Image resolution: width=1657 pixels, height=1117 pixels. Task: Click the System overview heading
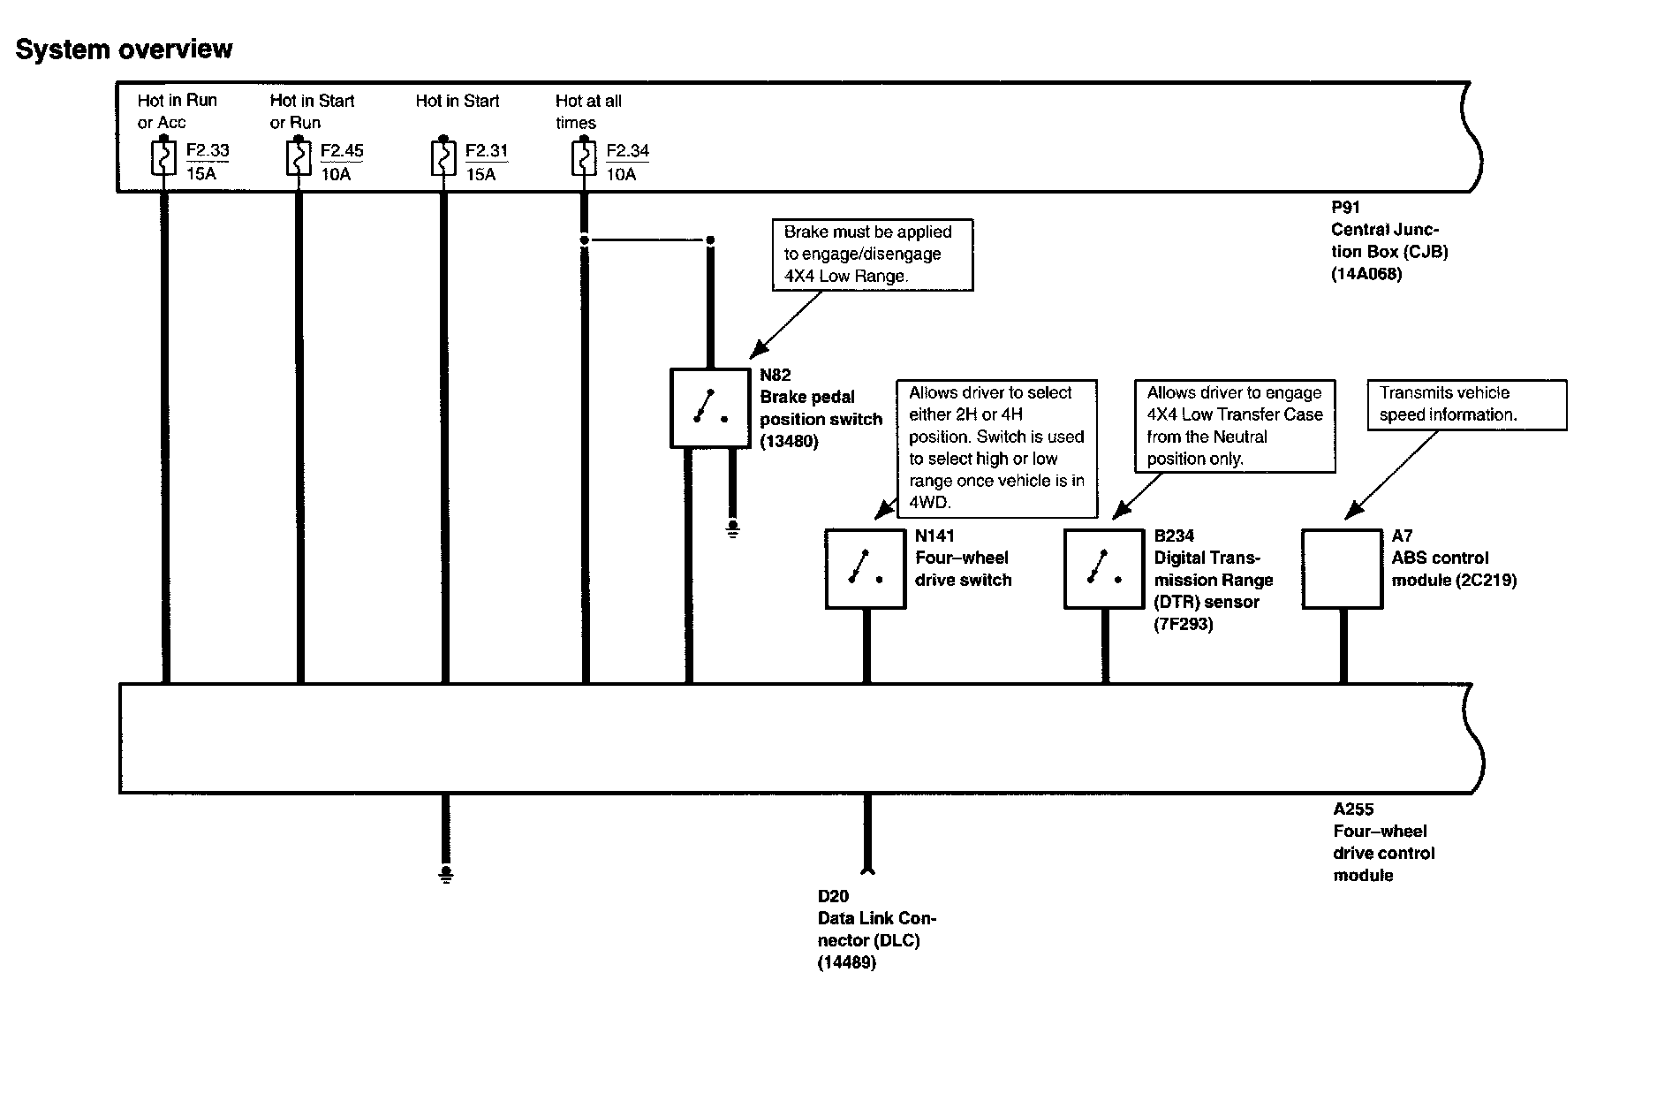124,49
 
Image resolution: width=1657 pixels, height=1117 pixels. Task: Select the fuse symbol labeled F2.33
163,159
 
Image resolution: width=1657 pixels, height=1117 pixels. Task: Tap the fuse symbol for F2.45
299,159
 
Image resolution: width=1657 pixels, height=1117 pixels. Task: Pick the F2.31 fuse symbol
443,159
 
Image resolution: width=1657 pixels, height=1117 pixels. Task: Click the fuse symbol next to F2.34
583,159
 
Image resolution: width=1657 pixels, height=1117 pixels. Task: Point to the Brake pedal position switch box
709,407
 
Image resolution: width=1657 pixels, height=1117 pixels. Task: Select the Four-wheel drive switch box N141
866,568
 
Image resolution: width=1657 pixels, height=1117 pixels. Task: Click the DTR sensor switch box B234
1103,568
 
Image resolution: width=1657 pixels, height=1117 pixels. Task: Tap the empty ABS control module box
1342,568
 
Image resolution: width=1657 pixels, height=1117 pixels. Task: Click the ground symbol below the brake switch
732,529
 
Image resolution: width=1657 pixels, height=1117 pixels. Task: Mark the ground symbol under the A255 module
445,874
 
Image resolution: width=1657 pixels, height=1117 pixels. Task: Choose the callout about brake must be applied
872,255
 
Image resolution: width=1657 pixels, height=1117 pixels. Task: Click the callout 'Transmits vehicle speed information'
1466,405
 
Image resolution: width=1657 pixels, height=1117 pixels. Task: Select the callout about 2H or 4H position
996,448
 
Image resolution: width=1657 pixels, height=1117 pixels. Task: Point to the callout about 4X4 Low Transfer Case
1234,426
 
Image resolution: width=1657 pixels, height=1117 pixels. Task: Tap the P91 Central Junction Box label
1388,241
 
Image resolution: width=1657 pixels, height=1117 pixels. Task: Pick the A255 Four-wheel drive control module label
1382,842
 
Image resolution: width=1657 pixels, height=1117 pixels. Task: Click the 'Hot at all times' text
588,111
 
